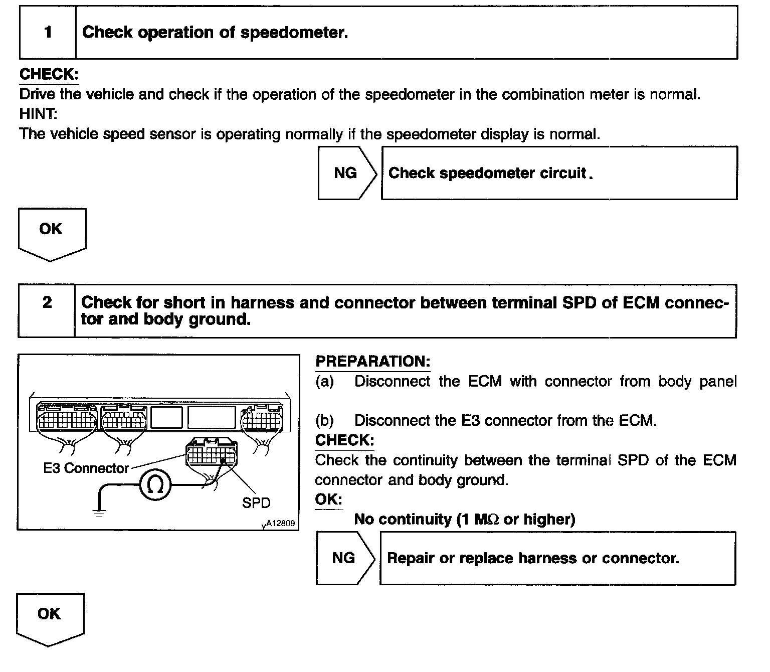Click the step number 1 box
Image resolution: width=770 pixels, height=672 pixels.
pyautogui.click(x=48, y=33)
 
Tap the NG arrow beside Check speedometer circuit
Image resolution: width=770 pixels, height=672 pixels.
pyautogui.click(x=346, y=173)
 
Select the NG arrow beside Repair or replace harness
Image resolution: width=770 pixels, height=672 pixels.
pyautogui.click(x=344, y=558)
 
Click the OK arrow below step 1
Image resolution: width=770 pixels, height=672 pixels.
pyautogui.click(x=51, y=232)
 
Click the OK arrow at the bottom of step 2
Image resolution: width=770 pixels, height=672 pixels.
pyautogui.click(x=50, y=617)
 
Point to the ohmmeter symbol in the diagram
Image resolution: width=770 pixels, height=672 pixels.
pyautogui.click(x=155, y=484)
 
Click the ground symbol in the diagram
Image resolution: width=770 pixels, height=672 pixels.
pyautogui.click(x=99, y=512)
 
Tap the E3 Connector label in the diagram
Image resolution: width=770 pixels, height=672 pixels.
pyautogui.click(x=86, y=468)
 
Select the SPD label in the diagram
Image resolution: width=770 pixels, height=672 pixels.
pyautogui.click(x=256, y=502)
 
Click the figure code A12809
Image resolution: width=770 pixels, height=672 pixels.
pyautogui.click(x=280, y=523)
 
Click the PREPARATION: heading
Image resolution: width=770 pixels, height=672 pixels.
pyautogui.click(x=372, y=362)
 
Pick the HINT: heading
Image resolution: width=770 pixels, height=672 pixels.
pyautogui.click(x=38, y=114)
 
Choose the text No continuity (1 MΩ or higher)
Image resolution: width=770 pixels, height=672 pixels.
pyautogui.click(x=464, y=519)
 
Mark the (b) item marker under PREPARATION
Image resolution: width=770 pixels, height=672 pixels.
pyautogui.click(x=324, y=420)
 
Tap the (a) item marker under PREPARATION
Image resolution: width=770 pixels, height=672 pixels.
pyautogui.click(x=324, y=382)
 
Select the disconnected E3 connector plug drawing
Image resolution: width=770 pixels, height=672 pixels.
pyautogui.click(x=210, y=454)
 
